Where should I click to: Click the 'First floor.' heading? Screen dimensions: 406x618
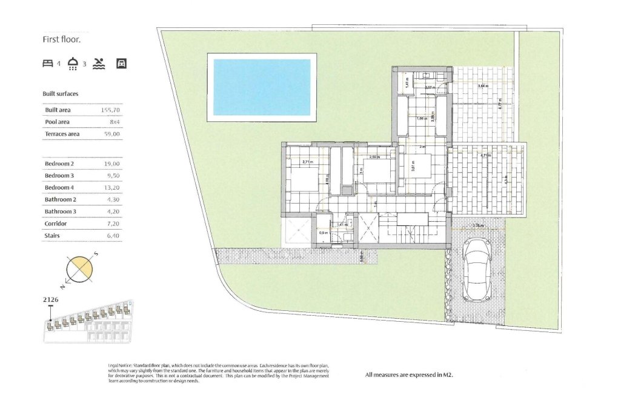pos(61,39)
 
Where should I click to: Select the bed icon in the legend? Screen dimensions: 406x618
pos(48,64)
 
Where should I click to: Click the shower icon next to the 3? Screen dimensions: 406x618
pos(73,64)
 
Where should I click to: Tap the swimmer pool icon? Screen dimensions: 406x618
pos(99,64)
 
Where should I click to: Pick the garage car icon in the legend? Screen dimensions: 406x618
pos(121,64)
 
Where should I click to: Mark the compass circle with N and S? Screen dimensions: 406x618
pos(79,270)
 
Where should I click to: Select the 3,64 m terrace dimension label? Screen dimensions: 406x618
pos(483,86)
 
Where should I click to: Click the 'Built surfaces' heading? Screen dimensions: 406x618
pos(60,94)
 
